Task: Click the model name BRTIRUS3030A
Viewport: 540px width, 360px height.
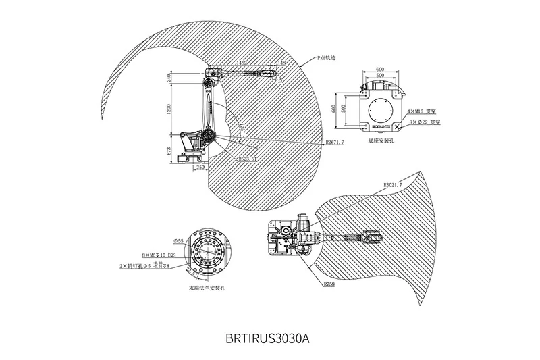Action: (269, 336)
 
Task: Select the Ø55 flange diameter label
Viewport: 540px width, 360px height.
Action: (179, 241)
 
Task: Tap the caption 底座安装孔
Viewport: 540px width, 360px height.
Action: (383, 143)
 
